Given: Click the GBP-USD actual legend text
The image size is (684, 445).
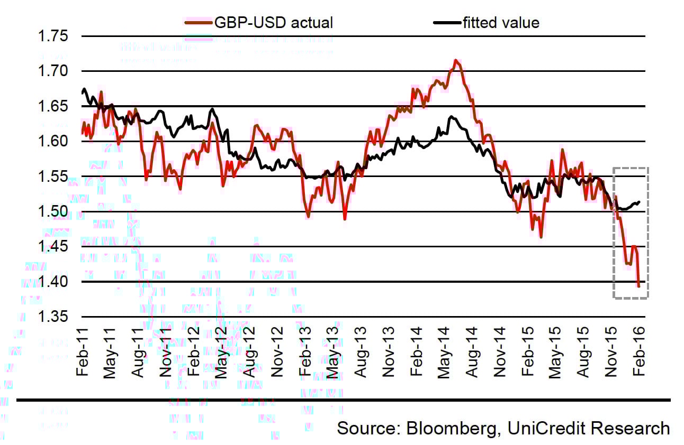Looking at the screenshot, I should pyautogui.click(x=273, y=23).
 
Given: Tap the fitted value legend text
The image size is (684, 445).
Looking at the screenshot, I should pyautogui.click(x=500, y=23).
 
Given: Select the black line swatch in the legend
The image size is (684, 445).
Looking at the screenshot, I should pyautogui.click(x=446, y=23).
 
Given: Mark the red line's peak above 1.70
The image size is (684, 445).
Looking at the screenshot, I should pyautogui.click(x=455, y=60).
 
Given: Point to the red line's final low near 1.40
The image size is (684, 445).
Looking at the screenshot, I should pyautogui.click(x=639, y=286).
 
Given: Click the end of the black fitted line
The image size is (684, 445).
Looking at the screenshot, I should pyautogui.click(x=640, y=202).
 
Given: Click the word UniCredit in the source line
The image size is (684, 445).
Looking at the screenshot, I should pyautogui.click(x=545, y=428).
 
